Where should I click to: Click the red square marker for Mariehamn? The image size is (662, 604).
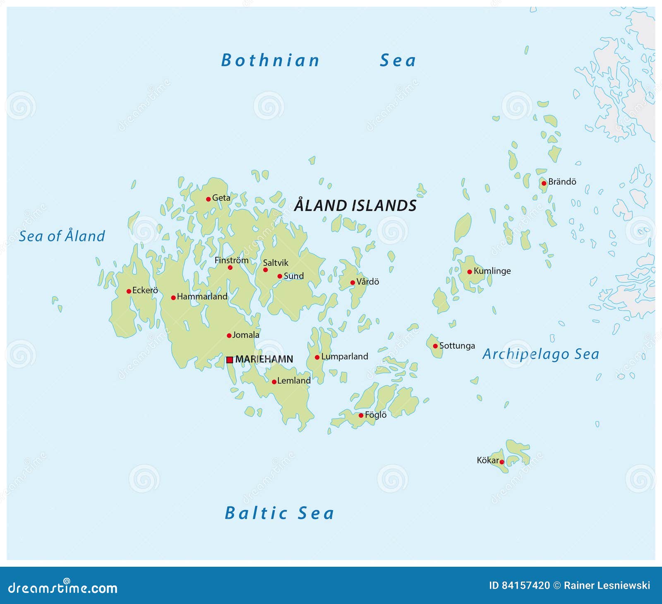click(x=230, y=360)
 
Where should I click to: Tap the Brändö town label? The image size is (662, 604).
click(x=562, y=182)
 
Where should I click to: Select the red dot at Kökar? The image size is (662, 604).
click(x=501, y=462)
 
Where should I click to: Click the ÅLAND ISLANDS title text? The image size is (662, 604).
click(x=355, y=206)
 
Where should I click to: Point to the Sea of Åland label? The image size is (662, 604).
click(x=62, y=236)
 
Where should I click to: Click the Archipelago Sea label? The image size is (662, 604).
click(x=540, y=354)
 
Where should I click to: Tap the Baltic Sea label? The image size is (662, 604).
click(x=279, y=513)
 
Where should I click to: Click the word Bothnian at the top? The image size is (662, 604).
click(x=271, y=60)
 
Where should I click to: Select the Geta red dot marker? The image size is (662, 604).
click(x=208, y=199)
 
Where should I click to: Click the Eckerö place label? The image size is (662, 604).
click(x=145, y=290)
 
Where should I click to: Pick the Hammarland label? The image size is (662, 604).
click(x=202, y=296)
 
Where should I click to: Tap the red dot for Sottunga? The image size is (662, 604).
click(x=435, y=346)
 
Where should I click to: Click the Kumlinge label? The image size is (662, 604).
click(x=492, y=271)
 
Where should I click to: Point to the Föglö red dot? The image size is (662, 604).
click(x=361, y=415)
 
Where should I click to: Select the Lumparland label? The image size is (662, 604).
click(x=344, y=356)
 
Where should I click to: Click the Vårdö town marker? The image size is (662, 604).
click(x=353, y=283)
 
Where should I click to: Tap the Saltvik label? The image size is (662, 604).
click(x=276, y=263)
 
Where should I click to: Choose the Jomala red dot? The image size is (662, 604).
click(x=229, y=336)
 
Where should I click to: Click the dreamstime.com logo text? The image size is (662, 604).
click(x=63, y=588)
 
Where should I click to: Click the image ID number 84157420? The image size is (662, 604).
click(x=525, y=585)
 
